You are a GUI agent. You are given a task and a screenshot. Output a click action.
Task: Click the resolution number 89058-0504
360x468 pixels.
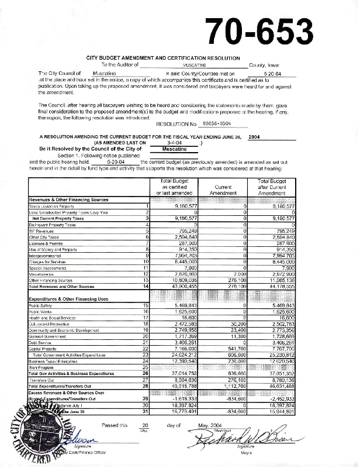[x=214, y=125]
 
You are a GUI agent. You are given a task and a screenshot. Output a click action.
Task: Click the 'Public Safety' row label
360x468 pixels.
[x=41, y=305]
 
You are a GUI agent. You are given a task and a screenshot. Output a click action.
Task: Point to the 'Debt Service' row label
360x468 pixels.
[x=39, y=343]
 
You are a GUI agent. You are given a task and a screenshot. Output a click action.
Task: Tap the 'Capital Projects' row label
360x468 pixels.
[x=41, y=349]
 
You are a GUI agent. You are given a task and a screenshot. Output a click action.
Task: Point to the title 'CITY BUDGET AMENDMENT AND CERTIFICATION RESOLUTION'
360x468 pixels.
[x=162, y=58]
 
